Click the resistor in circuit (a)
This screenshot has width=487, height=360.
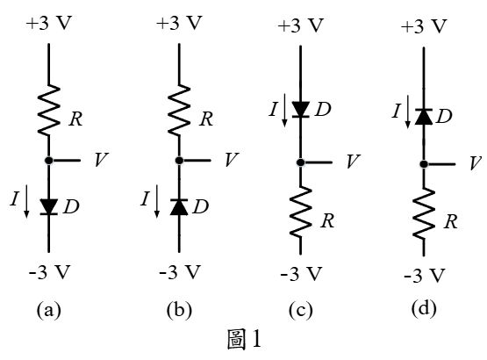pyautogui.click(x=49, y=110)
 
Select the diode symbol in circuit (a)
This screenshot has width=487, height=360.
pyautogui.click(x=49, y=206)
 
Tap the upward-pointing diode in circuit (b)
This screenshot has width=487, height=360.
pyautogui.click(x=179, y=206)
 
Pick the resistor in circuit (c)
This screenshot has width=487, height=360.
pyautogui.click(x=301, y=212)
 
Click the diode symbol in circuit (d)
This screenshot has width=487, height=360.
pyautogui.click(x=424, y=117)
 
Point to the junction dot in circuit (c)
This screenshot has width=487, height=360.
pyautogui.click(x=300, y=162)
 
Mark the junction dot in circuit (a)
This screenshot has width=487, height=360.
pyautogui.click(x=49, y=161)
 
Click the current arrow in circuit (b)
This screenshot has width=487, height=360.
pyautogui.click(x=157, y=201)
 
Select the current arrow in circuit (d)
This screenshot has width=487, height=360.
pyautogui.click(x=407, y=112)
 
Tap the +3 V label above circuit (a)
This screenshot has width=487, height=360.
pyautogui.click(x=49, y=23)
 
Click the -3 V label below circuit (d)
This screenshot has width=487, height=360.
pyautogui.click(x=425, y=276)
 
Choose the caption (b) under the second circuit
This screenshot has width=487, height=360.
pyautogui.click(x=179, y=310)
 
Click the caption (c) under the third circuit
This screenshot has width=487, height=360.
pyautogui.click(x=301, y=310)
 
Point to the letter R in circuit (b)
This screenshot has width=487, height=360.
pyautogui.click(x=206, y=119)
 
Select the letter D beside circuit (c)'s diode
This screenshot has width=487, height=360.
pyautogui.click(x=323, y=109)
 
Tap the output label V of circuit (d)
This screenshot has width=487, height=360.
pyautogui.click(x=476, y=163)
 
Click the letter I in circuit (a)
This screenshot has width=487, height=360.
pyautogui.click(x=14, y=199)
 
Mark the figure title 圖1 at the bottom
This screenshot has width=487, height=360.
pyautogui.click(x=245, y=340)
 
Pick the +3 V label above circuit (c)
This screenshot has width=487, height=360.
pyautogui.click(x=301, y=25)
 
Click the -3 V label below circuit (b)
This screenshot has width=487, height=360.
pyautogui.click(x=180, y=272)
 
